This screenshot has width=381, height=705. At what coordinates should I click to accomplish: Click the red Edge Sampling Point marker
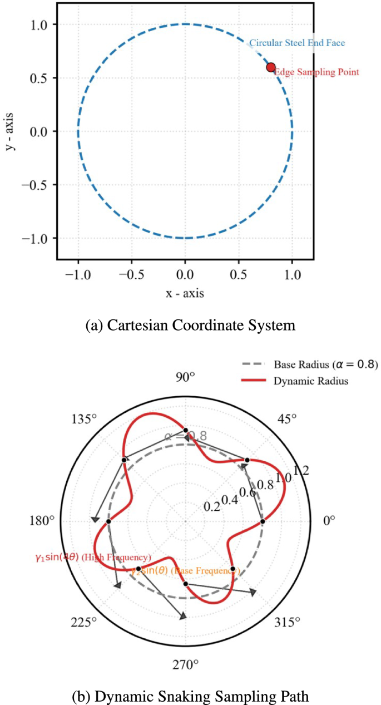(271, 67)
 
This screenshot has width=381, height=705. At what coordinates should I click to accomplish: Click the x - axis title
(185, 293)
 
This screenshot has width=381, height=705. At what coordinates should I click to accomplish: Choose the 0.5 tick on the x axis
(239, 274)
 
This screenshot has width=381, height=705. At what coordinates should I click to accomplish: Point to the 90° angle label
(185, 392)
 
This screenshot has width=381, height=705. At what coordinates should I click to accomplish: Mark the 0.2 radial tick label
(212, 507)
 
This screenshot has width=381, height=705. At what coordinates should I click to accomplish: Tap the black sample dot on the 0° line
(263, 521)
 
